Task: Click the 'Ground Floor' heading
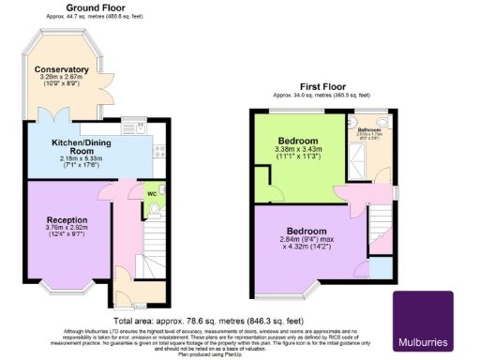click(x=97, y=8)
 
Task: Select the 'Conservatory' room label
click(x=62, y=69)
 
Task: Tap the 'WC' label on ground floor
click(x=151, y=195)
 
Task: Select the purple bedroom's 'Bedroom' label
click(x=307, y=231)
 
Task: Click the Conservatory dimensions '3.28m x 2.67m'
click(x=62, y=78)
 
